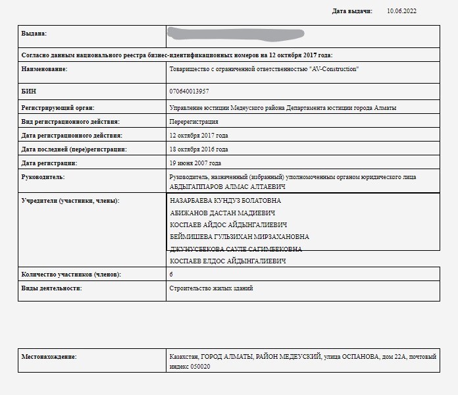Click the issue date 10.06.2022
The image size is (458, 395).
click(x=401, y=11)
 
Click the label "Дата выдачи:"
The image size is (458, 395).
click(x=352, y=11)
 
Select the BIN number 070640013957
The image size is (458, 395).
click(x=190, y=91)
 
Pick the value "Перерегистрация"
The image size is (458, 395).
click(x=194, y=122)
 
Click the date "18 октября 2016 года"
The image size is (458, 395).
click(x=199, y=149)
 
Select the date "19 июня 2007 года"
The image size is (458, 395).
click(x=195, y=163)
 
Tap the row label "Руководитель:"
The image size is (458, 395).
click(x=43, y=177)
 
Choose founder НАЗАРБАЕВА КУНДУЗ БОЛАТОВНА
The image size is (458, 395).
click(x=225, y=201)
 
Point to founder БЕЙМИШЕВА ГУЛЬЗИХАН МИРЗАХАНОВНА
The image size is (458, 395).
click(x=240, y=237)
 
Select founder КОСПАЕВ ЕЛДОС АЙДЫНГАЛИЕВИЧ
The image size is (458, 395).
click(x=228, y=261)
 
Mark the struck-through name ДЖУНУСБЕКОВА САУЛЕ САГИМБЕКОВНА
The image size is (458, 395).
click(x=236, y=250)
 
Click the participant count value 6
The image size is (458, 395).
click(x=172, y=275)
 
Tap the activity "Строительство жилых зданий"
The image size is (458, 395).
click(x=211, y=288)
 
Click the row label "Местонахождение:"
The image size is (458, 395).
click(x=49, y=357)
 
